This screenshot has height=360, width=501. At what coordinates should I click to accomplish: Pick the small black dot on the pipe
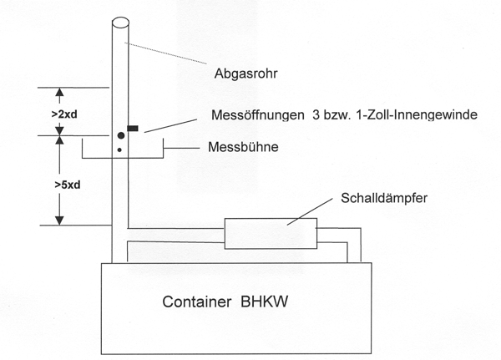tap(120, 150)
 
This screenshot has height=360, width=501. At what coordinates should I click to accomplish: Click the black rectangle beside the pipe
tap(133, 129)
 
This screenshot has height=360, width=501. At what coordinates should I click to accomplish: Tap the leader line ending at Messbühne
tap(178, 148)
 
